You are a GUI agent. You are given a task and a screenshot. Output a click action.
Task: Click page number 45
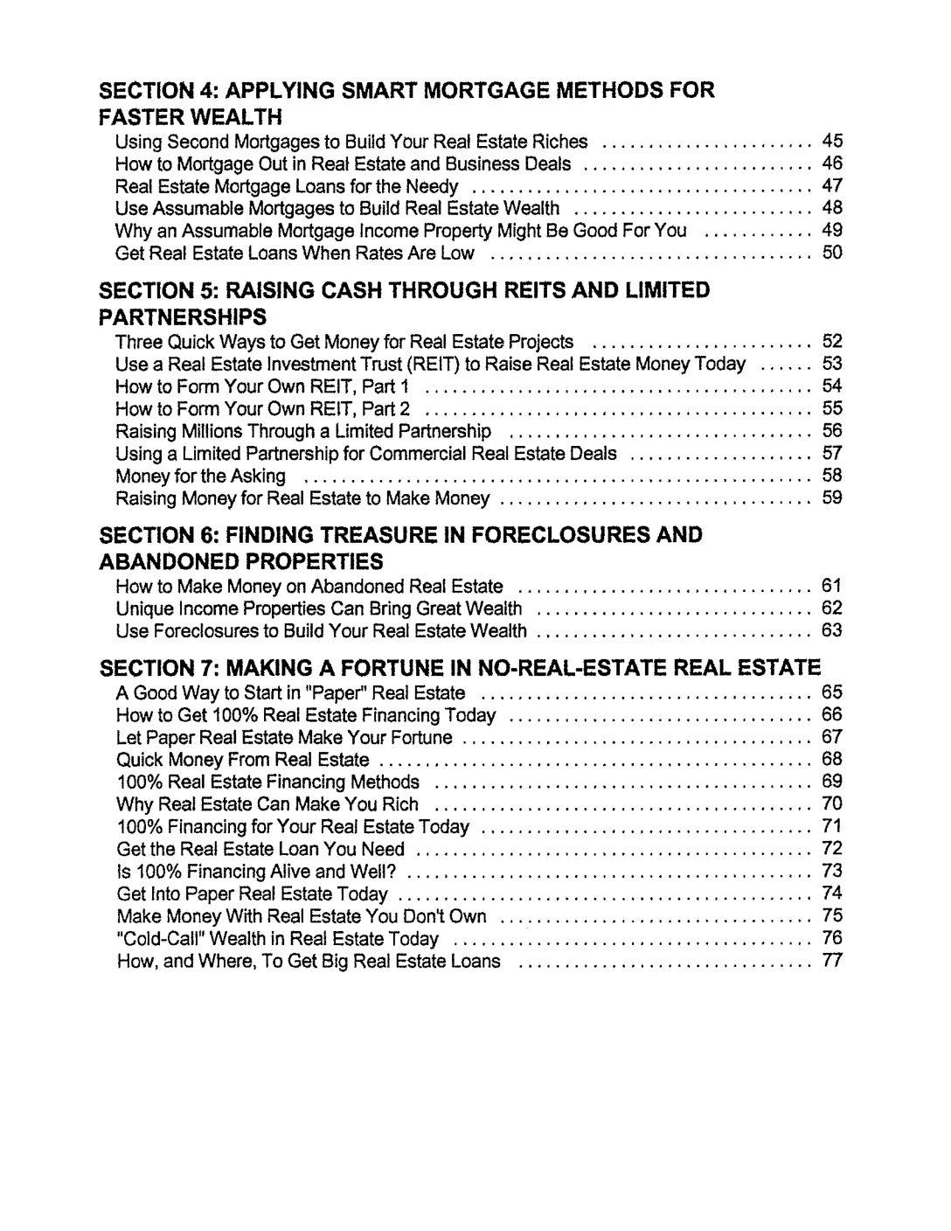pyautogui.click(x=831, y=142)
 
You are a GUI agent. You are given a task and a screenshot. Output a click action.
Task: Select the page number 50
pyautogui.click(x=831, y=254)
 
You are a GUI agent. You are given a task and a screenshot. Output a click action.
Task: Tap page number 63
pyautogui.click(x=831, y=630)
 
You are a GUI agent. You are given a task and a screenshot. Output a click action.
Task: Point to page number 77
pyautogui.click(x=831, y=962)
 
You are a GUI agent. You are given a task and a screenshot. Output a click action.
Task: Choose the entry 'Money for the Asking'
pyautogui.click(x=201, y=476)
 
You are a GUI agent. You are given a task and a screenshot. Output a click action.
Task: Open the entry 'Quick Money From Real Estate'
pyautogui.click(x=243, y=759)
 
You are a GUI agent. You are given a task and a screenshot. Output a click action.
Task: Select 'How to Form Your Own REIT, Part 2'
pyautogui.click(x=263, y=409)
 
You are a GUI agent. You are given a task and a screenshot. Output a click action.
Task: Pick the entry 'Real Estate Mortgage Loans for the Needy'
pyautogui.click(x=287, y=186)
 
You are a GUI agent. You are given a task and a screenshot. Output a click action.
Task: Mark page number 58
pyautogui.click(x=831, y=476)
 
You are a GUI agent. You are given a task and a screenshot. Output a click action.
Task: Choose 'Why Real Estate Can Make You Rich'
pyautogui.click(x=267, y=804)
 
